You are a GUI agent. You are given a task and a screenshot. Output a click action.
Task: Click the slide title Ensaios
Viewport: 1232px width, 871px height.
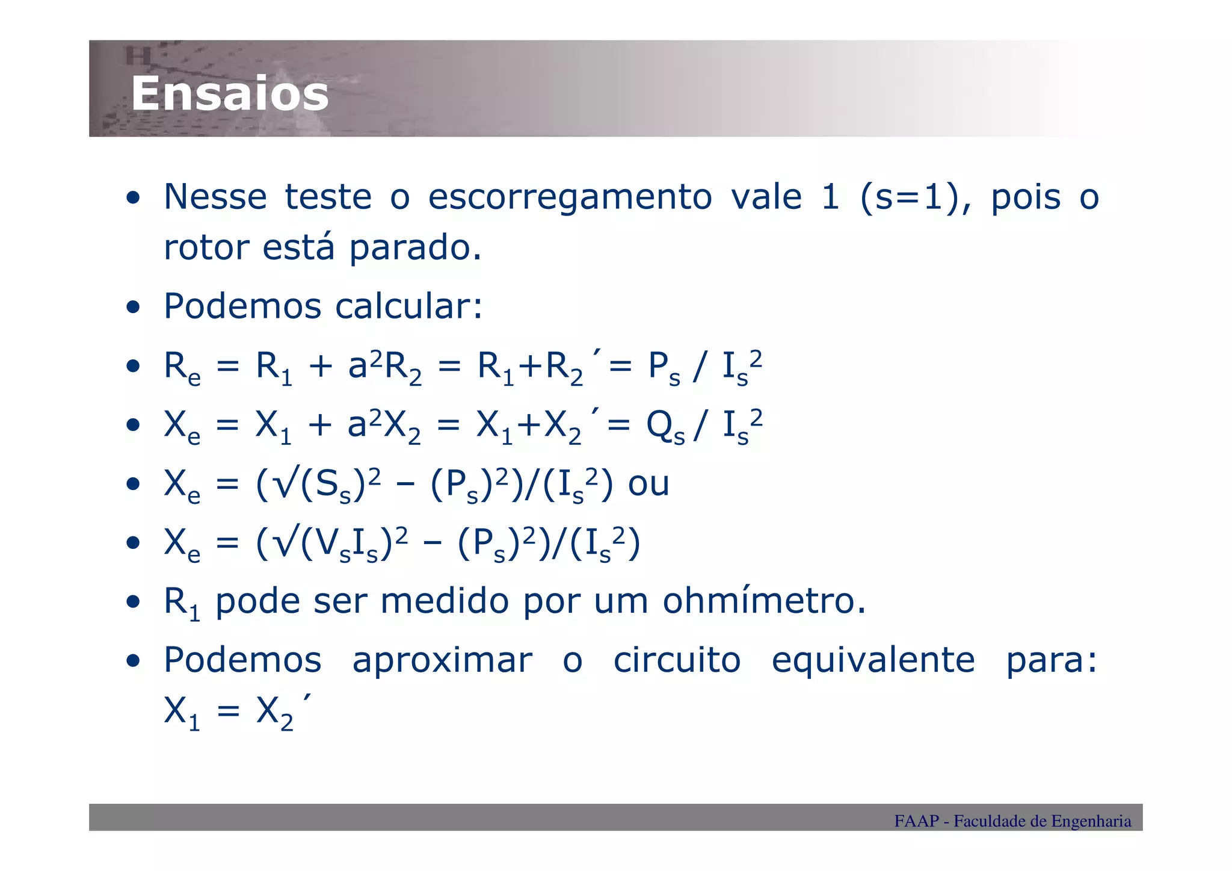230,94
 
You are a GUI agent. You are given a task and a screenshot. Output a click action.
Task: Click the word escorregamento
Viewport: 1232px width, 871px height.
570,198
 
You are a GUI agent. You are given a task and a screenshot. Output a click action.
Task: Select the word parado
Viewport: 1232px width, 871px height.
415,248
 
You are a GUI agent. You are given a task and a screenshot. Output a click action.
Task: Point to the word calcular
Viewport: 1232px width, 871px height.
408,306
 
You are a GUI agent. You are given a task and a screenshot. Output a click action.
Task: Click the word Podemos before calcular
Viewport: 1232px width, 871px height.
242,306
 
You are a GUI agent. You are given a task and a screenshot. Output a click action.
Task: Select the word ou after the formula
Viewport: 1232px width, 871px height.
648,483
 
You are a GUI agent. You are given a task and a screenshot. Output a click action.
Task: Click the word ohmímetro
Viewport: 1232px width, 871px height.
764,601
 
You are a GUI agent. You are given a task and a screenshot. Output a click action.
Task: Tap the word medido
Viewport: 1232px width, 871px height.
445,601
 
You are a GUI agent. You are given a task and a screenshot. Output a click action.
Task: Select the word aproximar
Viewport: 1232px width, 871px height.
442,660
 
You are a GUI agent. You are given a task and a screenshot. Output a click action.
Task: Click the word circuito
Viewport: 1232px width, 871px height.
677,660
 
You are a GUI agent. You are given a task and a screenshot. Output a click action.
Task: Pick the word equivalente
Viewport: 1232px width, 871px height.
873,660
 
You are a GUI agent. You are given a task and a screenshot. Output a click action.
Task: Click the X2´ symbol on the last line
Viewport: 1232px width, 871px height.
283,711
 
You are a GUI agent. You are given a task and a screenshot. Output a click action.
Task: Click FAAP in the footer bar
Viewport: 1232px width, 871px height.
916,821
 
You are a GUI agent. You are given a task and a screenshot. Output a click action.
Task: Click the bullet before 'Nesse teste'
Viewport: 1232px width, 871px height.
133,198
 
